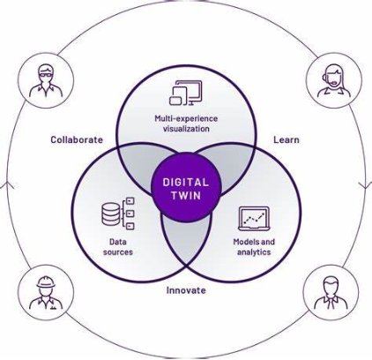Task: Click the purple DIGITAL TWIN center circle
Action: (x=186, y=188)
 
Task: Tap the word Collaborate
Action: (x=77, y=139)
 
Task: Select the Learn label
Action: (x=286, y=139)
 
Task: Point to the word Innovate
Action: (x=186, y=290)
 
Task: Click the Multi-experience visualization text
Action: (x=186, y=124)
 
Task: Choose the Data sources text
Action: (x=118, y=247)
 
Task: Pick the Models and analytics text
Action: (x=254, y=247)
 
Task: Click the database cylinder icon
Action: (x=111, y=214)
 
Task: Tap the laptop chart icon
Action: (x=254, y=219)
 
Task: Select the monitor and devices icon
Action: (x=186, y=93)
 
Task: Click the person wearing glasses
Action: (x=46, y=80)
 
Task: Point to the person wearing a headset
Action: (x=334, y=80)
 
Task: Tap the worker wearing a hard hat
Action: (x=46, y=293)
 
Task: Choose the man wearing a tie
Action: (x=331, y=293)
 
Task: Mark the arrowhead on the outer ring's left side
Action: (x=7, y=185)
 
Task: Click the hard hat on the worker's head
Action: (x=46, y=281)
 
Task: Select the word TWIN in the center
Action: (x=186, y=196)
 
